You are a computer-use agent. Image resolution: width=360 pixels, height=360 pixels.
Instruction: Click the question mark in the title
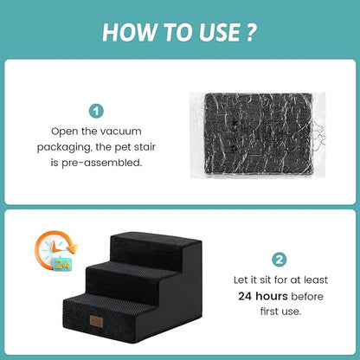tap(250, 32)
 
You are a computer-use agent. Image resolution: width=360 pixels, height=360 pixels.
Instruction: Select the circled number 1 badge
tap(96, 111)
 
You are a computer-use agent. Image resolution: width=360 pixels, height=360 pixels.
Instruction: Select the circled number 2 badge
tap(280, 260)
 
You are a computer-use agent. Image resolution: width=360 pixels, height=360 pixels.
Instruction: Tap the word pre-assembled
tap(102, 163)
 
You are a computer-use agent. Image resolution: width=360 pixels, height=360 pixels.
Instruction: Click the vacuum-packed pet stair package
tap(258, 135)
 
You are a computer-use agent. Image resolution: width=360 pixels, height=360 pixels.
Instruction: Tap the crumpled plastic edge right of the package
tap(319, 136)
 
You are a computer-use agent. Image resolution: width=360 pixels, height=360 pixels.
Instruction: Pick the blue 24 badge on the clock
tap(62, 264)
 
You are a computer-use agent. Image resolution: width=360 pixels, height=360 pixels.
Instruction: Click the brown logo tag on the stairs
tap(96, 321)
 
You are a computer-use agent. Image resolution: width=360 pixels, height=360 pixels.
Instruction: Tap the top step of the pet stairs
tap(154, 240)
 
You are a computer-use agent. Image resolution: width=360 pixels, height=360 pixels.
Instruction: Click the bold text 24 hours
tap(263, 296)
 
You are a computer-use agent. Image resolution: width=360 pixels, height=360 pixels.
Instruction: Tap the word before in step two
tap(307, 296)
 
